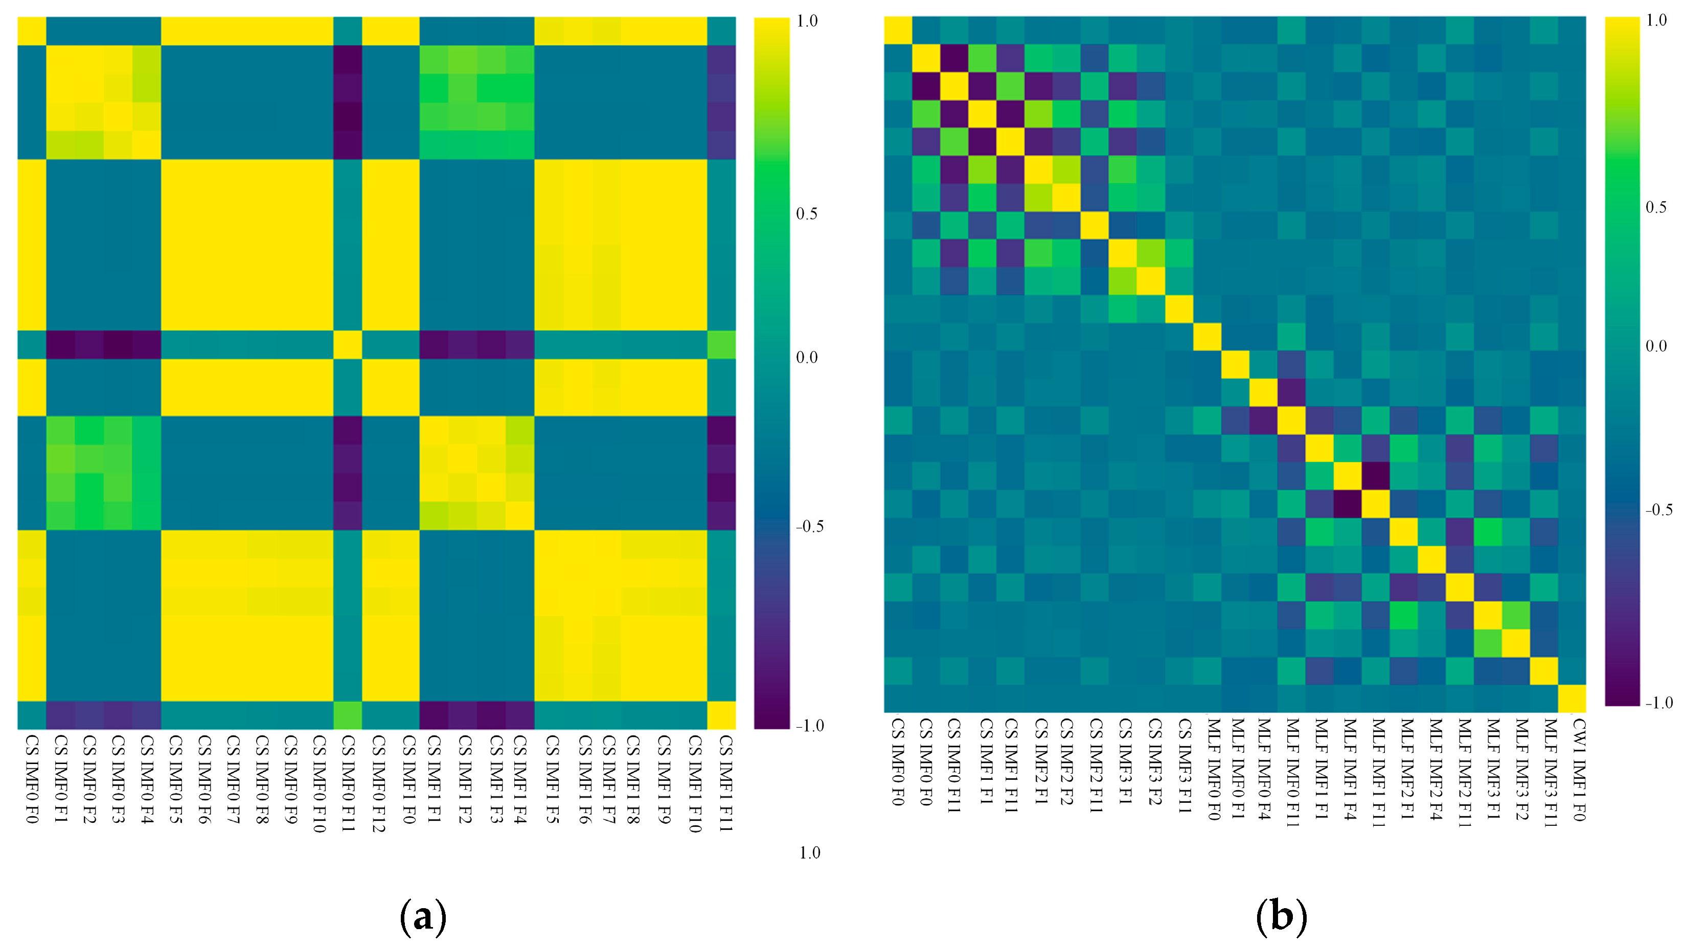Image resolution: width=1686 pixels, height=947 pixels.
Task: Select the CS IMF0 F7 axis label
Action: tap(233, 779)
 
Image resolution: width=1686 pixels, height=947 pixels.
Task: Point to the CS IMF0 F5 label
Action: tap(175, 779)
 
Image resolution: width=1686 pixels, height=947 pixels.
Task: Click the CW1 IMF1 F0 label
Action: tap(1578, 770)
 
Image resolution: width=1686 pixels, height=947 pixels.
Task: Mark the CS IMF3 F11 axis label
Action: tap(1184, 766)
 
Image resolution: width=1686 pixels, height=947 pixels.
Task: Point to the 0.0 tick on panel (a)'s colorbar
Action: tap(806, 357)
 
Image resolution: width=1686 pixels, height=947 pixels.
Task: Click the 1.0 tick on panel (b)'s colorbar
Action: tap(1656, 20)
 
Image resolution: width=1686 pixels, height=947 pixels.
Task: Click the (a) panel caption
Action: tap(423, 916)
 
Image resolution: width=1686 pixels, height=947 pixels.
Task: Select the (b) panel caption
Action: tap(1281, 916)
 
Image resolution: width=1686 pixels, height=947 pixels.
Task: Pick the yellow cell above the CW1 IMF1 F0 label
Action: tap(1571, 698)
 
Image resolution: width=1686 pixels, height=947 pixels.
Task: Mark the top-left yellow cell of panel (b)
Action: tap(898, 30)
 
